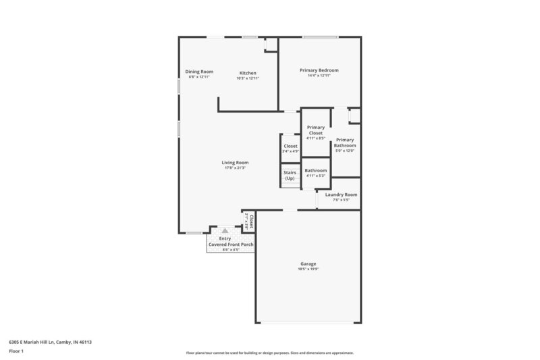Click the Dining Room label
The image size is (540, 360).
tap(199, 72)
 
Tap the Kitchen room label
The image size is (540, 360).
tap(248, 73)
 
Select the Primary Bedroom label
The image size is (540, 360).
tap(319, 70)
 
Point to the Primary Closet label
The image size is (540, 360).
tap(316, 130)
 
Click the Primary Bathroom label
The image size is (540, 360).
tap(345, 143)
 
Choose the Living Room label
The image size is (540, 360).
tap(236, 162)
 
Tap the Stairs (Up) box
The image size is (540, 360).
tap(290, 176)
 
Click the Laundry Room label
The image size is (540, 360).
tap(342, 195)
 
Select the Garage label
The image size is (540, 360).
tap(308, 263)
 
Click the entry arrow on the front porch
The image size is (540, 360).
tap(225, 230)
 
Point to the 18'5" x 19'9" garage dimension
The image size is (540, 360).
tap(308, 269)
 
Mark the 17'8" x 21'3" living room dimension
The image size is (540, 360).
tap(236, 168)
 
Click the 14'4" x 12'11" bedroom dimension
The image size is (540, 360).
tap(319, 76)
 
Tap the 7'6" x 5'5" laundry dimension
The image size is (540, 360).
tap(342, 200)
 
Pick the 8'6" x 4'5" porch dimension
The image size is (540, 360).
tap(231, 250)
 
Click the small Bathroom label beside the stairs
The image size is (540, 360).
tap(316, 170)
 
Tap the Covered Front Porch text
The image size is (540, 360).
tap(231, 244)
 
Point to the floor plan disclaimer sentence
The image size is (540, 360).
tap(269, 353)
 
